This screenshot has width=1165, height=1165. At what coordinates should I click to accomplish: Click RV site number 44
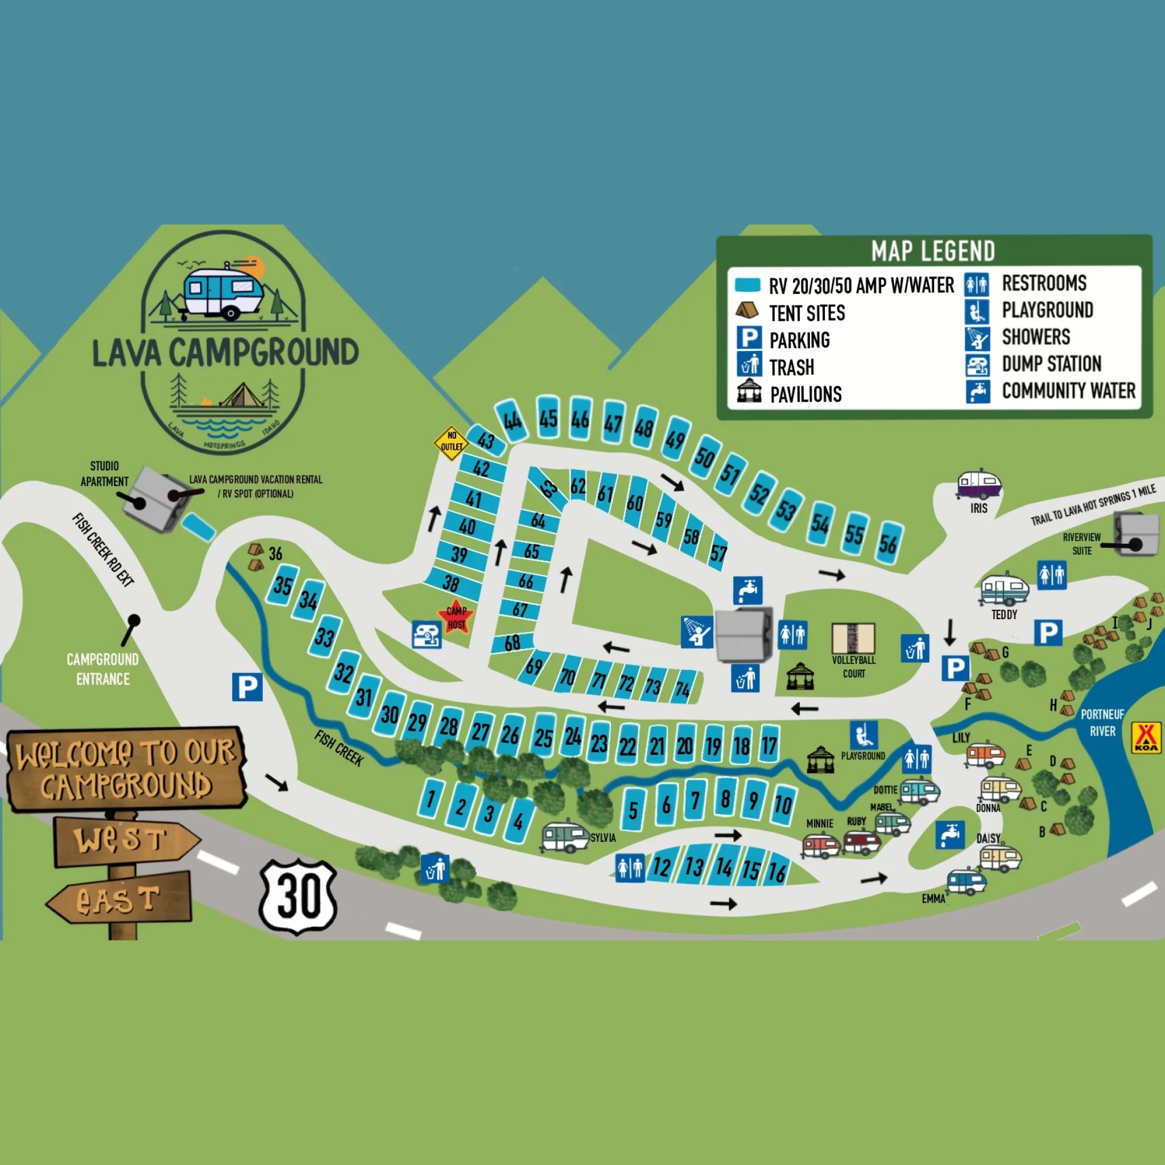[x=512, y=420]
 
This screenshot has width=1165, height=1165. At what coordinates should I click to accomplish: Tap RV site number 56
[x=887, y=544]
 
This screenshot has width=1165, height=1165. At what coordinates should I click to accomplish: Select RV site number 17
[x=769, y=745]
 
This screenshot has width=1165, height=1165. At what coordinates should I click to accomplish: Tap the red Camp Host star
[x=456, y=617]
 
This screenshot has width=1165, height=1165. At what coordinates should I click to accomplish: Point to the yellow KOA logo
[x=1146, y=737]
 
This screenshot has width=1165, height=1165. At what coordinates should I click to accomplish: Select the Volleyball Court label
[x=853, y=666]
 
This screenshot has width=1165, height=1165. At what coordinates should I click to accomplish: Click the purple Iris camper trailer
[x=978, y=484]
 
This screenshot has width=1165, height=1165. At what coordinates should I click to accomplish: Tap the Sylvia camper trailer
[x=564, y=837]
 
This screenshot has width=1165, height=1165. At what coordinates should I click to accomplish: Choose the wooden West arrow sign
[x=127, y=840]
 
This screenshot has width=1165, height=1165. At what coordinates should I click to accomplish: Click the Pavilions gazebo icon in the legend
[x=749, y=391]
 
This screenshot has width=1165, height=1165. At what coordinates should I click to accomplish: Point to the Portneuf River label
[x=1102, y=722]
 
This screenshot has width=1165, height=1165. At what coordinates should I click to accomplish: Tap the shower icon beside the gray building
[x=696, y=632]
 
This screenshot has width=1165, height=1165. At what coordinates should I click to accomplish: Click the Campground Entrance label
[x=102, y=669]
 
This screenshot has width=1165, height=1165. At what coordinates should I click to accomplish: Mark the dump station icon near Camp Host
[x=426, y=635]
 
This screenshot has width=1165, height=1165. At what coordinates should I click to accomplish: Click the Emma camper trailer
[x=966, y=882]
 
